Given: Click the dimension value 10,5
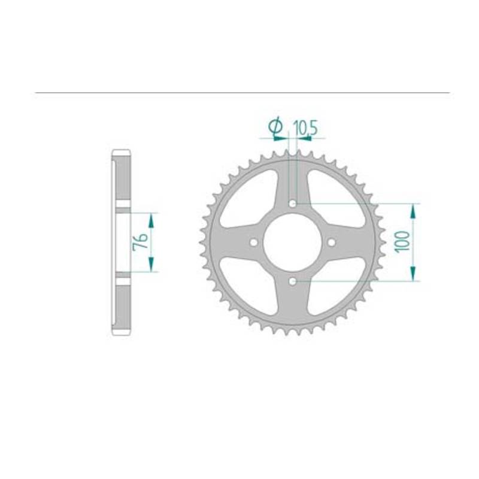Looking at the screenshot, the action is click(x=305, y=128).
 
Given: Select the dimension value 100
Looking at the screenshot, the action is click(x=402, y=242).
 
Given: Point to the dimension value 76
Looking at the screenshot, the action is click(x=140, y=242).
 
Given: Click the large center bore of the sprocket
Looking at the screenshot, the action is click(x=292, y=242).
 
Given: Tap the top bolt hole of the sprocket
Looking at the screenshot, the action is click(x=293, y=204).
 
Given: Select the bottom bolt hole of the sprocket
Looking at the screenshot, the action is click(x=293, y=281).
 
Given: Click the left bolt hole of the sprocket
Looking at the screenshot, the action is click(x=253, y=242).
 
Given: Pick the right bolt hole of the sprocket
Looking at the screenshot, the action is click(x=332, y=242).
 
